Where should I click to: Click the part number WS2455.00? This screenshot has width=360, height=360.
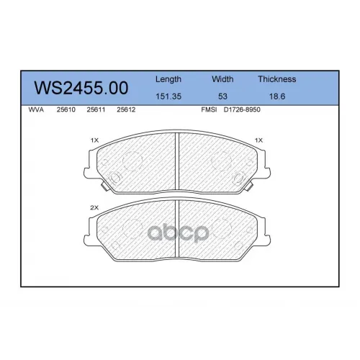tap(81, 88)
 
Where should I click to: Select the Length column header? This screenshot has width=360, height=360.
tap(168, 79)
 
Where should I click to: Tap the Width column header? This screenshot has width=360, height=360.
tap(222, 79)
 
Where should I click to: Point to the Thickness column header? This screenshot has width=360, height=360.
tap(277, 79)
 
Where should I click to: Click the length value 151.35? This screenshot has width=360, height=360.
tap(168, 96)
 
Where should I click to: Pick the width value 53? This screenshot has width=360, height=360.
tap(222, 96)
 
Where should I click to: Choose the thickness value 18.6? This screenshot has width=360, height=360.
tap(277, 96)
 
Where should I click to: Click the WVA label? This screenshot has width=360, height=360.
tap(36, 109)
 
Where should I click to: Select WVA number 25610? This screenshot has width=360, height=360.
tap(66, 109)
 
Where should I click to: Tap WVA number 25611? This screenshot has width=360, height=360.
tap(96, 109)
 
